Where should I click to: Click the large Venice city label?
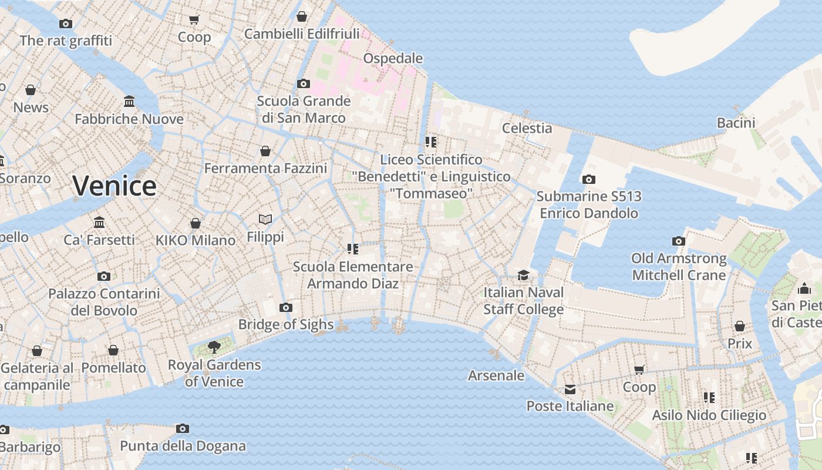pos(114,186)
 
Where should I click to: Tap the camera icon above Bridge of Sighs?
pos(286,307)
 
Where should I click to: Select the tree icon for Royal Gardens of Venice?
pos(214,347)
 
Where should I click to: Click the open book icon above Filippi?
pos(265,219)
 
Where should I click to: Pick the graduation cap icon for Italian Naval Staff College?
pos(523,275)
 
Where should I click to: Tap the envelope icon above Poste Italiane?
pos(570,389)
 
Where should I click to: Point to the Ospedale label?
pos(393,58)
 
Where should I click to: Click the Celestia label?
pos(527,127)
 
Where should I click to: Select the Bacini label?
pos(736,122)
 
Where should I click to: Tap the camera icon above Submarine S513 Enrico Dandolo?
pos(589,179)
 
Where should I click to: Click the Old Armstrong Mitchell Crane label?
pos(679,267)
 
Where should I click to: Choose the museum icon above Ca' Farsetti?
pos(99,223)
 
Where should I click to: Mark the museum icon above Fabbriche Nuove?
pos(129,102)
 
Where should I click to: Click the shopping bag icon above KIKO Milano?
pos(196,223)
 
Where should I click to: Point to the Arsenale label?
pos(496,375)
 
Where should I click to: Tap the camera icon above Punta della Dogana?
pos(183,428)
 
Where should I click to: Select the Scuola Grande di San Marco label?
pos(304,109)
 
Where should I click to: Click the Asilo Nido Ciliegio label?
pos(709,415)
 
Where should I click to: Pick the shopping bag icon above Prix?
pos(740,326)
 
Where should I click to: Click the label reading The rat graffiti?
pos(66,41)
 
